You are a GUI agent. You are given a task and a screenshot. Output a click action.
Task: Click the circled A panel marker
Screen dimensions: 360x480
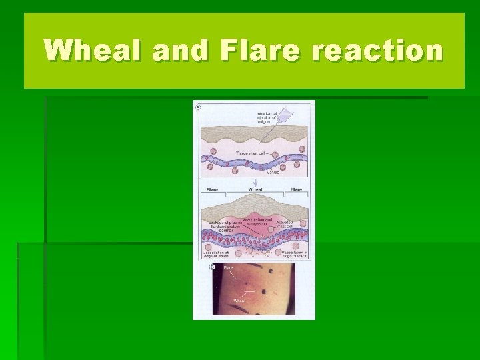197,106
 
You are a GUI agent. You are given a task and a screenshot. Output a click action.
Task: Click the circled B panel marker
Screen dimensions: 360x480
213,267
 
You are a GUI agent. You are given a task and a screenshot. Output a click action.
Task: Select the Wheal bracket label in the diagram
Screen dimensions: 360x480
255,189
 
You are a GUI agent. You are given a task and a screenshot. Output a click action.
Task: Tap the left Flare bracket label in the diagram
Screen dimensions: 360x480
213,189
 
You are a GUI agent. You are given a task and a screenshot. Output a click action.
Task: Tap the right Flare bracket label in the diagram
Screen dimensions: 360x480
296,189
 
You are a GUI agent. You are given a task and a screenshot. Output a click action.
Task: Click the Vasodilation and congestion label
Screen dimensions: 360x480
257,221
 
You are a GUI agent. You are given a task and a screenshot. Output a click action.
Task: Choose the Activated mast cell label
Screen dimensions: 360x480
295,227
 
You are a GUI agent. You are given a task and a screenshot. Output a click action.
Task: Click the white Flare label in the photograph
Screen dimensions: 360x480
228,268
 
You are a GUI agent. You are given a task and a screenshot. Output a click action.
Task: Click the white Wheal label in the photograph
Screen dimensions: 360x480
238,301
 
